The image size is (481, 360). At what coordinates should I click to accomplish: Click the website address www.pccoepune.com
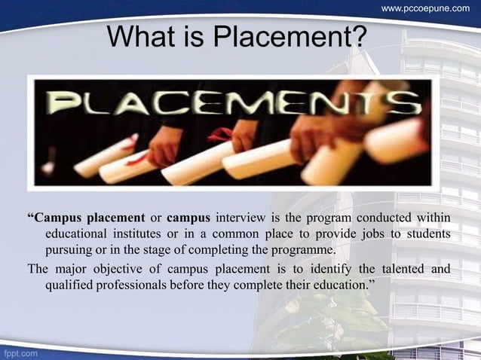point(425,8)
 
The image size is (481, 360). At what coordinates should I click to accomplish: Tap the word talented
point(393,268)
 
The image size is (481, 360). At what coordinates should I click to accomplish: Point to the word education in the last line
point(332,284)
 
